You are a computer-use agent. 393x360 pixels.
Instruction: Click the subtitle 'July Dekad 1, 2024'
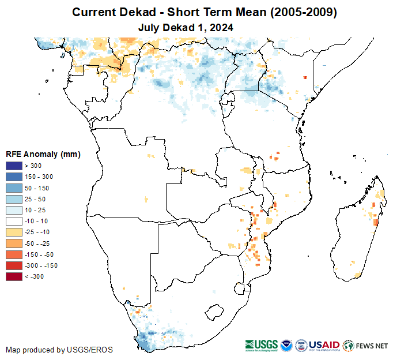(185, 27)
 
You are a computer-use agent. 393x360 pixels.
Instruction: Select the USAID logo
(324, 346)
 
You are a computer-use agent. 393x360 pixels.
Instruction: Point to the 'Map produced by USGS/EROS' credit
(59, 350)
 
